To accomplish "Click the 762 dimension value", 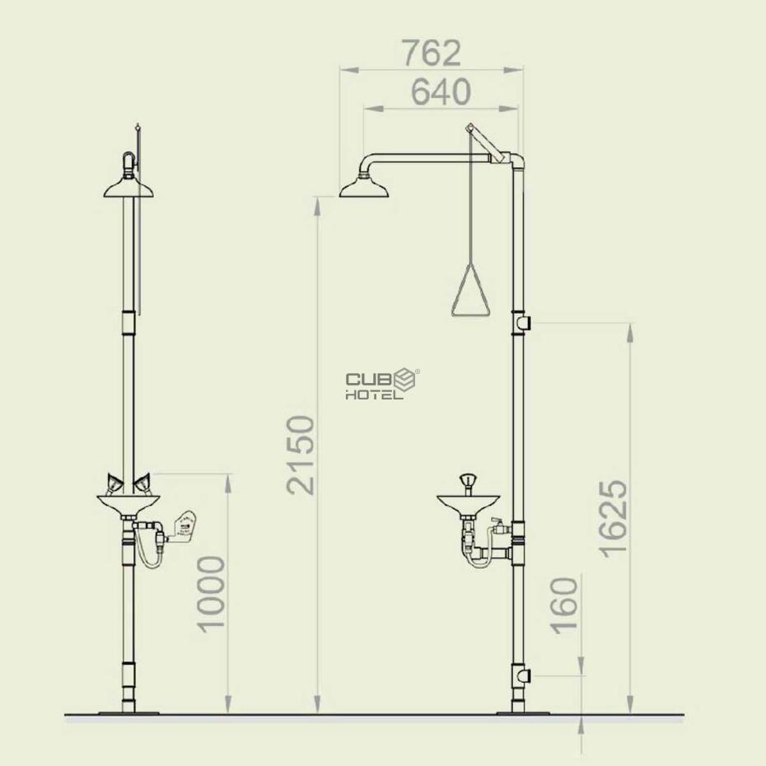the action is point(432,54).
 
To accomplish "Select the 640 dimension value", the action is point(441,92).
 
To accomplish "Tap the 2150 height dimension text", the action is point(301,455).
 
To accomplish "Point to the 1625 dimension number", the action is point(613,519).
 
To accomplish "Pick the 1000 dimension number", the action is point(211,594).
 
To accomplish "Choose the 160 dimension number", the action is point(564,605).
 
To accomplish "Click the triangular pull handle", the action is point(470,290).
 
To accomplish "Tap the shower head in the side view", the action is point(364,188).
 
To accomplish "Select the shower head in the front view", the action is point(128,188).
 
